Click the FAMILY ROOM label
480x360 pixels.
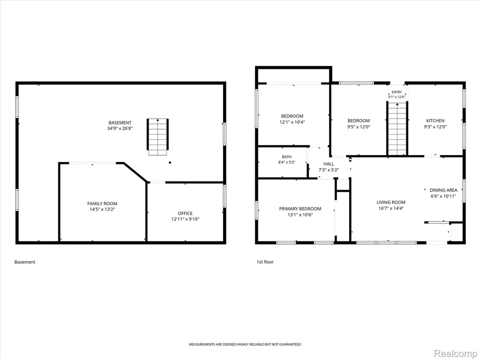click(x=102, y=203)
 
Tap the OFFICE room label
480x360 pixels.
click(x=185, y=213)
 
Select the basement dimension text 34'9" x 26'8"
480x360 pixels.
click(x=120, y=128)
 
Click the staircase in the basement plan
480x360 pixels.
click(x=157, y=137)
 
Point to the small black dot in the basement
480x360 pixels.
click(x=170, y=163)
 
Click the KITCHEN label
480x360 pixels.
click(x=435, y=120)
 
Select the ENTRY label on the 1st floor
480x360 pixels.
click(x=397, y=92)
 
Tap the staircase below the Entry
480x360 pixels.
click(x=397, y=129)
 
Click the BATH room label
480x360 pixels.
click(x=287, y=157)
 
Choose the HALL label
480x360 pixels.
click(x=329, y=164)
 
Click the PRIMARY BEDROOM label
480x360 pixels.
click(x=300, y=209)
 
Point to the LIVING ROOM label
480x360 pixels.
click(x=391, y=202)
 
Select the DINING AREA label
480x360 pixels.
click(x=443, y=190)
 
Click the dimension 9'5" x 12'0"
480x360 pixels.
click(x=359, y=127)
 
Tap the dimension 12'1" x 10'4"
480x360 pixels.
click(x=292, y=122)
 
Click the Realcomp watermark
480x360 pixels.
click(x=455, y=353)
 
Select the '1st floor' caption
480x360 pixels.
click(x=265, y=262)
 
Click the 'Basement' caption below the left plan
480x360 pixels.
click(x=25, y=262)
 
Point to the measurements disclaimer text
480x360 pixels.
click(x=245, y=345)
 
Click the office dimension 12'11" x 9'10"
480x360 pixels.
click(x=185, y=219)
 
